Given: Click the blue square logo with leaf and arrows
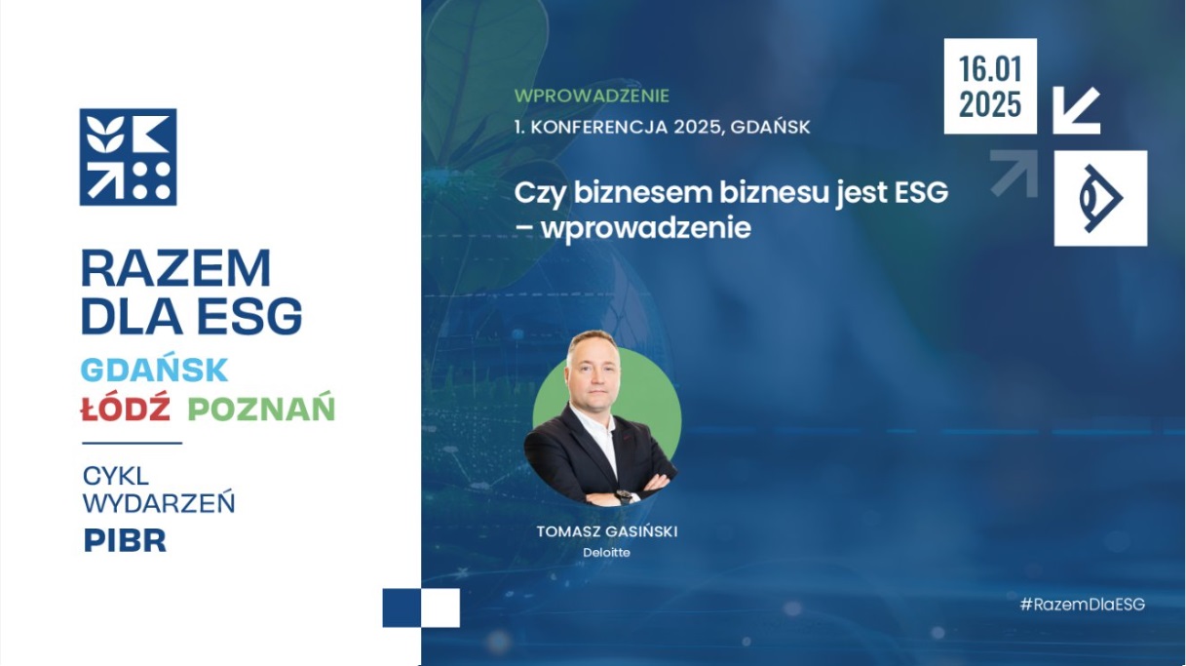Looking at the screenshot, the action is (128, 157).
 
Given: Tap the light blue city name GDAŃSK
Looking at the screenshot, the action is (154, 370).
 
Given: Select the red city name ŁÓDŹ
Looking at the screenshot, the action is (126, 407).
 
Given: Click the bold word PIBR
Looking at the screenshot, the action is (125, 540).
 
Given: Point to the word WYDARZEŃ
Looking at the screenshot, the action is (159, 502).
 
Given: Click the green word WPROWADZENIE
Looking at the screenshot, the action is (592, 96).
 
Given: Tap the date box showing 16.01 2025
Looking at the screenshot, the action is (990, 86).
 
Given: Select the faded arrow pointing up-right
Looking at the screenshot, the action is (1014, 174).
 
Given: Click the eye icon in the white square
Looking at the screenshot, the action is (1100, 198).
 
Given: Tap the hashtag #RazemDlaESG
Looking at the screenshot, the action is (1083, 604).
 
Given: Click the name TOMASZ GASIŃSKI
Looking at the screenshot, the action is (607, 531).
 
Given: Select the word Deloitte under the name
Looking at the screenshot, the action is (607, 552).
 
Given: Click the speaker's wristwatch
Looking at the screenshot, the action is (625, 496).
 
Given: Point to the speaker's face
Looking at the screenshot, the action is (593, 374).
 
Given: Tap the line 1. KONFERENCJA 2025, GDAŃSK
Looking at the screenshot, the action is (662, 127).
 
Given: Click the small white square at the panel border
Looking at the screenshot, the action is (440, 607).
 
